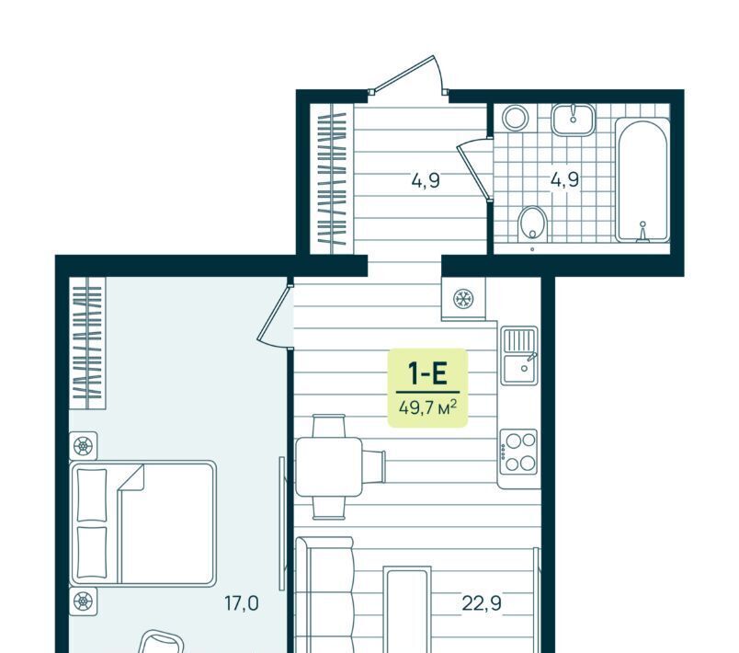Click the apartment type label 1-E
(427, 374)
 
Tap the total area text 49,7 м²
(427, 407)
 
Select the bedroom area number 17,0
(242, 603)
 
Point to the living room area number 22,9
(482, 603)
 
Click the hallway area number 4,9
(426, 180)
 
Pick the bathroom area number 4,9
(564, 179)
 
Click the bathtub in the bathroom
(642, 179)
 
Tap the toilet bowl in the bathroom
(532, 224)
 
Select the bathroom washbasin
(574, 120)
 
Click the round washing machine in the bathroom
(515, 117)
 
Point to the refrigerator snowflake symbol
(463, 299)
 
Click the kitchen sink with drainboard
(519, 355)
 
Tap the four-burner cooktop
(519, 452)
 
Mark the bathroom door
(474, 171)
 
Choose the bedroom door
(274, 314)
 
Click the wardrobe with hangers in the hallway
(332, 179)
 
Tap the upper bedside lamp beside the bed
(84, 445)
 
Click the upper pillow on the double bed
(91, 495)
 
